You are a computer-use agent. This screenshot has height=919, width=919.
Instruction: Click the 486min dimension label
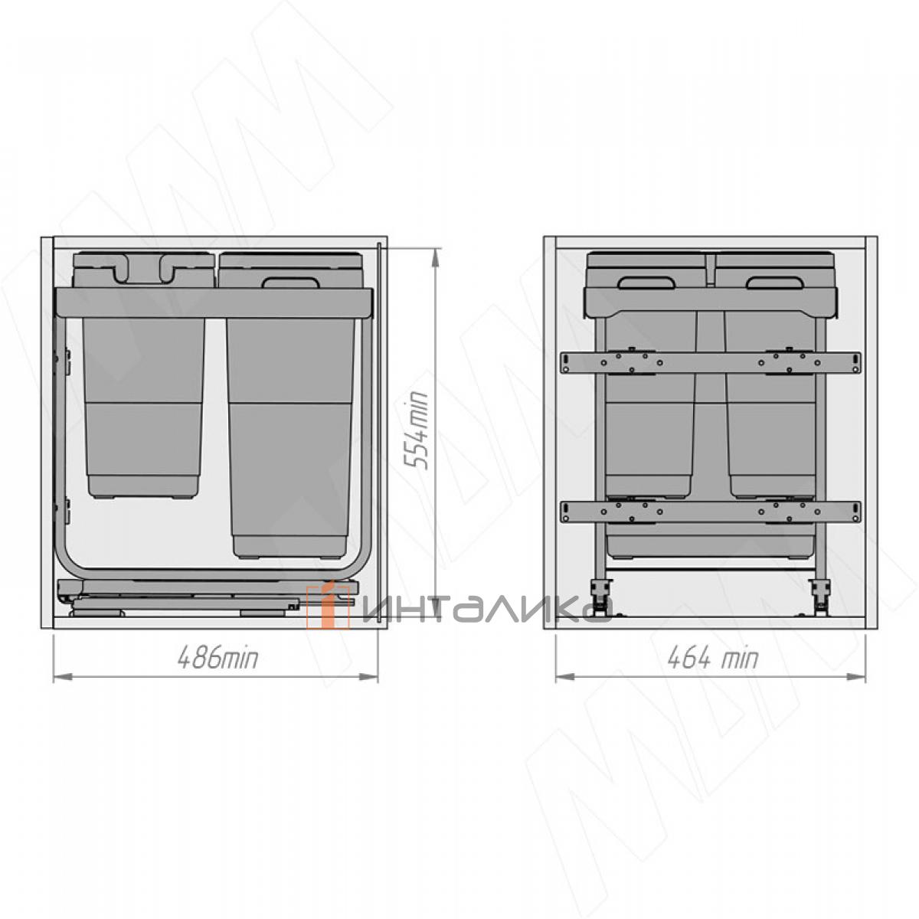[x=217, y=659]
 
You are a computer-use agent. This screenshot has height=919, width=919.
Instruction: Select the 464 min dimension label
[x=712, y=658]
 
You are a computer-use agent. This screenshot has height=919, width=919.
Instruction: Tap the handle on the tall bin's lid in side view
[x=291, y=283]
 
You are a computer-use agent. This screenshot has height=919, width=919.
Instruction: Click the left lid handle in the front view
[x=646, y=283]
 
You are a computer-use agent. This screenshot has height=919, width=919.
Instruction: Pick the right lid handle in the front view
[x=775, y=283]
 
